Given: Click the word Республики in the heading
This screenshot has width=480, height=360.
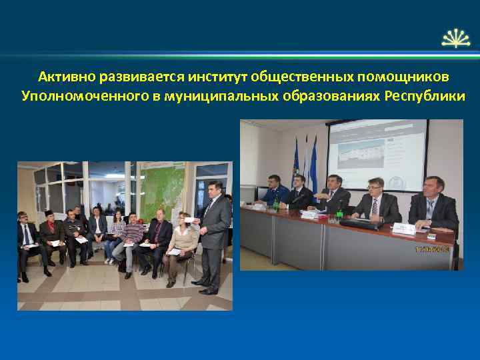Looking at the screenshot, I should (x=425, y=96).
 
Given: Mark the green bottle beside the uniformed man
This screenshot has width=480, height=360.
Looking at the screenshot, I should (x=276, y=205).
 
